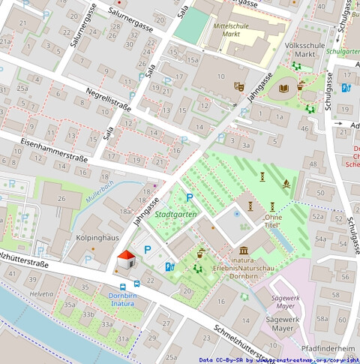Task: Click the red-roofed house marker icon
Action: (126, 262)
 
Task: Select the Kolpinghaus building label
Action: (98, 238)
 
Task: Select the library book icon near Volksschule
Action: (283, 89)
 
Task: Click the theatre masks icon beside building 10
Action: (238, 86)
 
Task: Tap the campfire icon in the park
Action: (287, 183)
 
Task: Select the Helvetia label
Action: (41, 293)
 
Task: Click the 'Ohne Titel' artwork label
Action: (272, 221)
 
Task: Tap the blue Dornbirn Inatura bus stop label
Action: (122, 299)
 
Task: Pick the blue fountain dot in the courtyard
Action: (237, 214)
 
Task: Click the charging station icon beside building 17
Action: (345, 88)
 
